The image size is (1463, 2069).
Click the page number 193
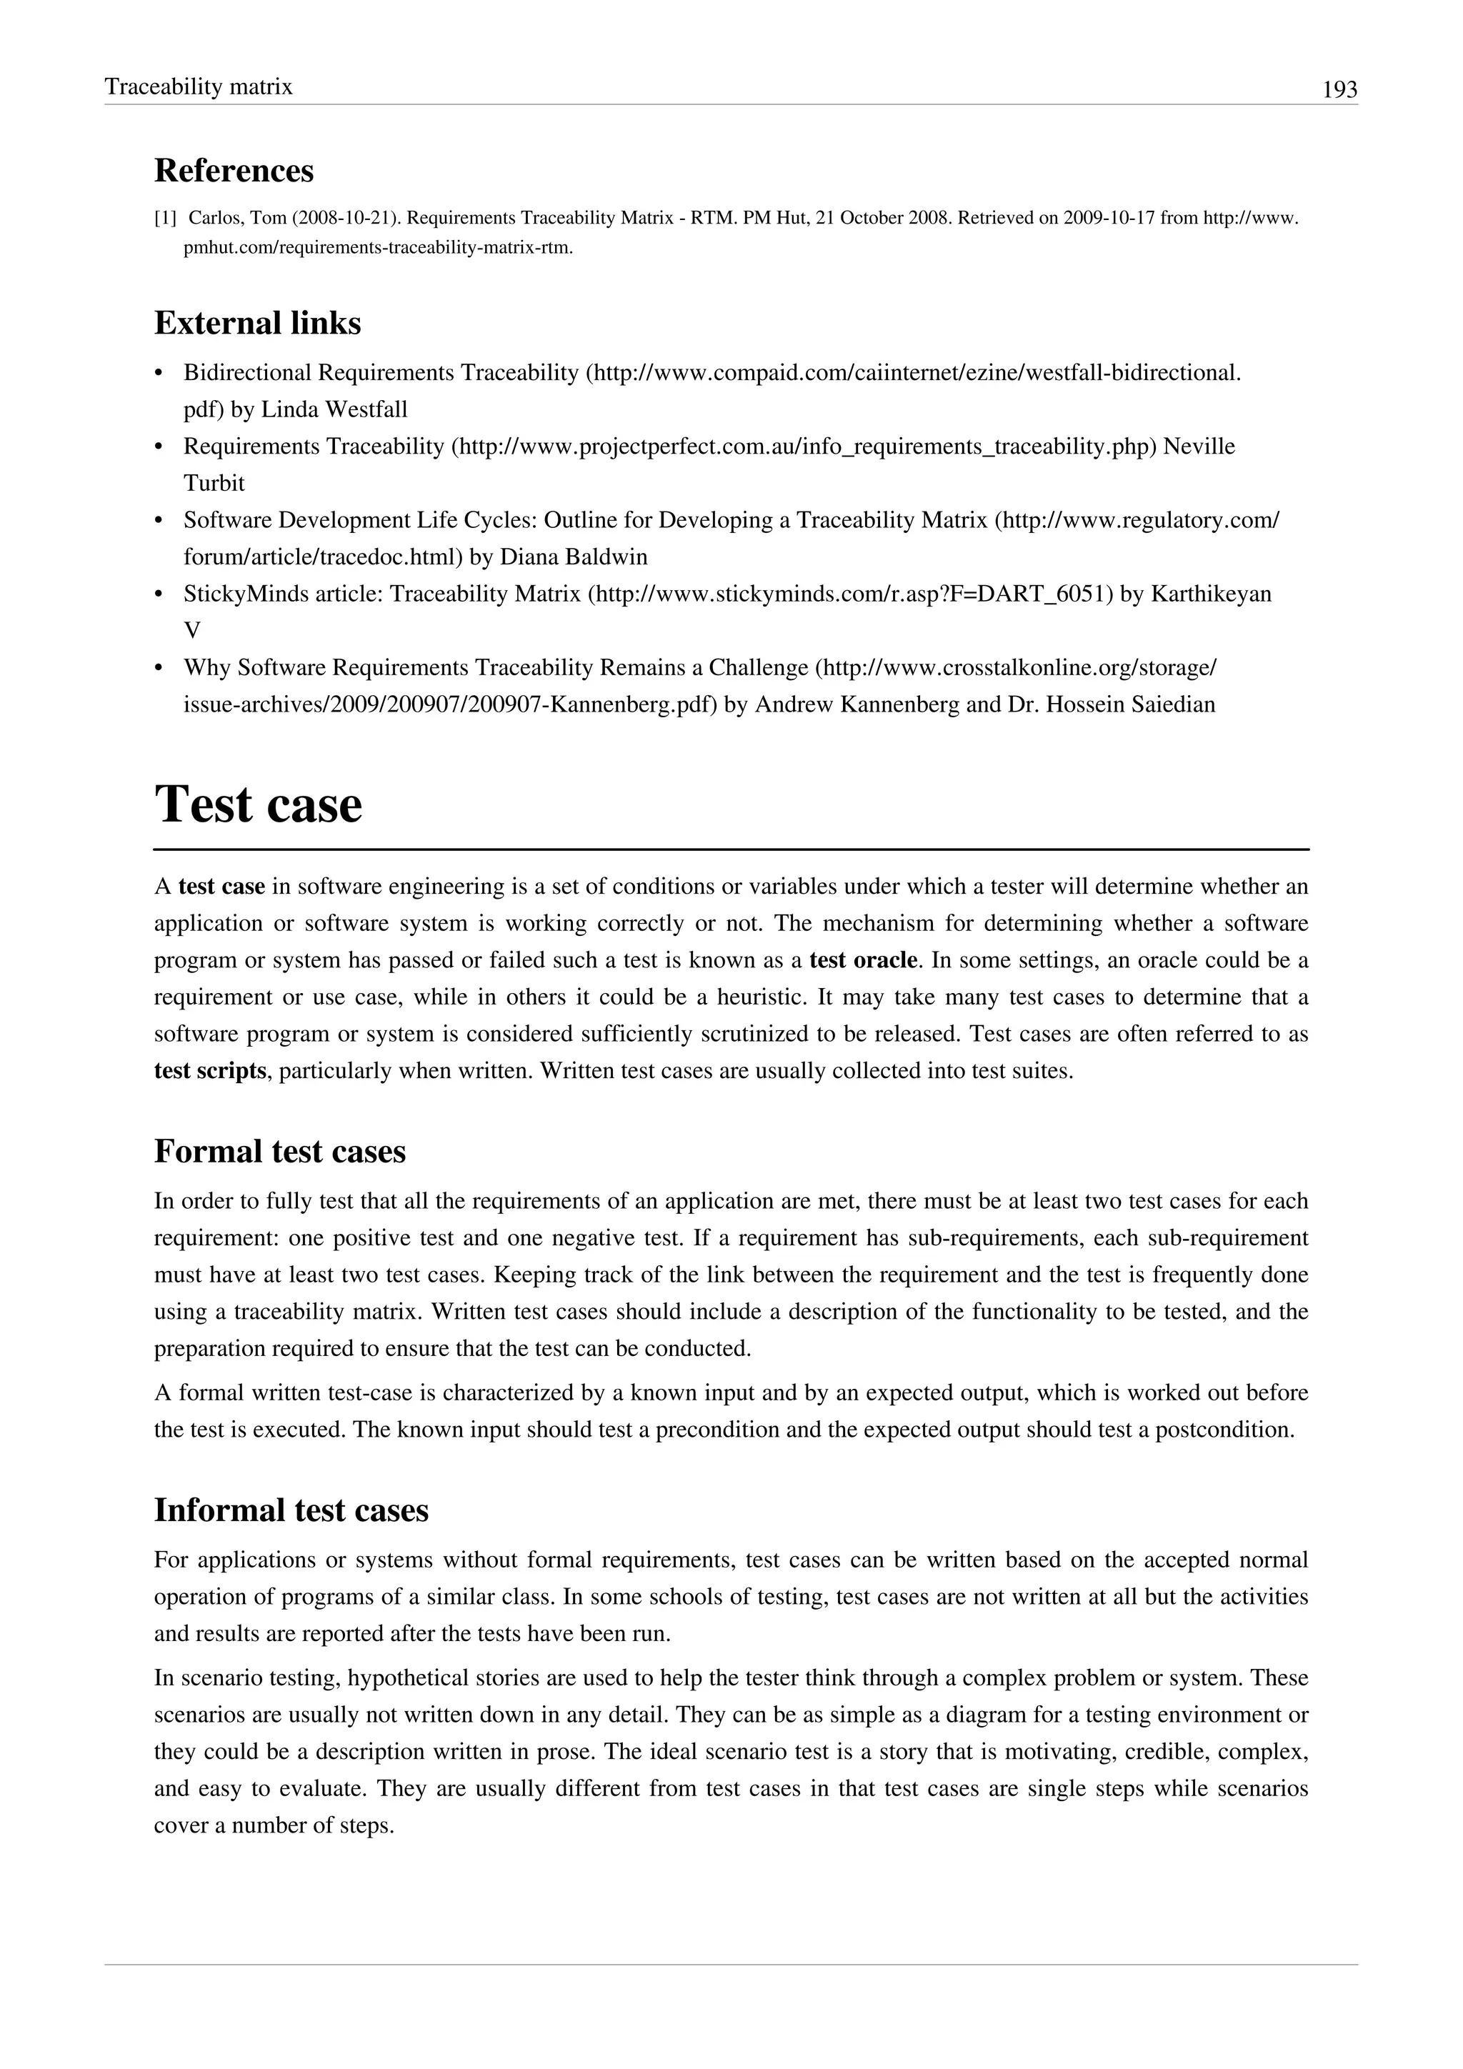click(x=1339, y=89)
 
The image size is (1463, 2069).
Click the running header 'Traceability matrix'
click(x=198, y=86)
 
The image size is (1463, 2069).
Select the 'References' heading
click(x=234, y=170)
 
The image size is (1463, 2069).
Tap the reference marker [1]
click(x=165, y=218)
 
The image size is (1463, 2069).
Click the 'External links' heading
click(x=258, y=323)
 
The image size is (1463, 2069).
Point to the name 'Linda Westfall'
click(x=334, y=410)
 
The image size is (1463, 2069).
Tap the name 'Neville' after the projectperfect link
click(x=1199, y=447)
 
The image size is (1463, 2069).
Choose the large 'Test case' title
click(x=259, y=804)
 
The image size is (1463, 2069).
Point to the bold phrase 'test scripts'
click(x=210, y=1072)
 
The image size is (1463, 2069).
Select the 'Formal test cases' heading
click(x=280, y=1152)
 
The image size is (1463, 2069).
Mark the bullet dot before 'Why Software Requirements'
click(x=159, y=669)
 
